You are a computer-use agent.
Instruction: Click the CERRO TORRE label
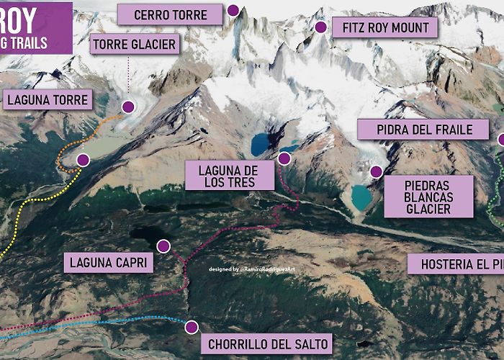pos(170,14)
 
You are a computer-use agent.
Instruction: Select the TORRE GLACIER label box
pos(134,45)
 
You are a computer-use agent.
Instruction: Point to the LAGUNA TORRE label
pos(47,99)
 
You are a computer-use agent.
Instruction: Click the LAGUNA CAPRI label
pos(109,261)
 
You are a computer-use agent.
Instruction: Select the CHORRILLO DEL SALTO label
pos(268,343)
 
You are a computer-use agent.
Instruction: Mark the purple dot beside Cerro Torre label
pos(233,10)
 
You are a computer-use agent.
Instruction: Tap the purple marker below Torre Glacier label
pos(128,107)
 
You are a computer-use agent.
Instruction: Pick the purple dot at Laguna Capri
pos(163,246)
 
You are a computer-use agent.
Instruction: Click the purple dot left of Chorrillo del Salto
pos(191,327)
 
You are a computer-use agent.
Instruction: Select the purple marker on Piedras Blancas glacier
pos(375,171)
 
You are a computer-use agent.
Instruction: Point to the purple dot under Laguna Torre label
pos(83,160)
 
